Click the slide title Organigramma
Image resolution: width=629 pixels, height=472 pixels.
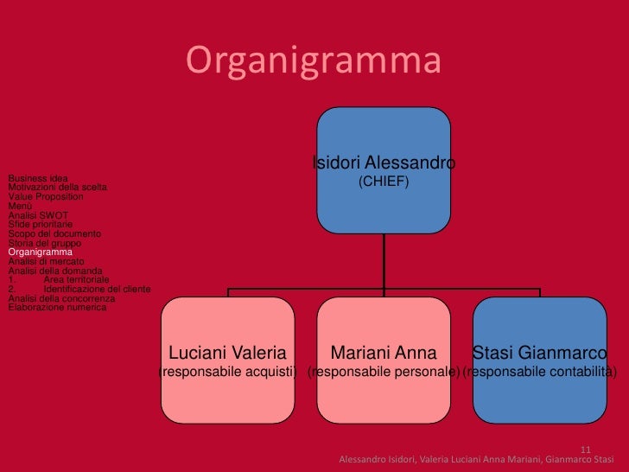coord(313,61)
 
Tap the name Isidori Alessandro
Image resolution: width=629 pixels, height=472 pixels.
coord(384,163)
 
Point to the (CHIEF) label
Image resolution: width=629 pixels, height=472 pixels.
coord(384,182)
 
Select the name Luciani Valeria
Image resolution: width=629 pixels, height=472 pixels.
coord(227,353)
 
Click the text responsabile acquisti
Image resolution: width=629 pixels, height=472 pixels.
coord(227,372)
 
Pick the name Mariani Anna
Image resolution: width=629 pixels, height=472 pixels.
coord(384,353)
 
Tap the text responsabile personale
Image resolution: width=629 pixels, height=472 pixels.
coord(384,372)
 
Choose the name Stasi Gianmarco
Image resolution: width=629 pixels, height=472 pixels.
coord(539,353)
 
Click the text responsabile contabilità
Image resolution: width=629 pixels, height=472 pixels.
coord(539,372)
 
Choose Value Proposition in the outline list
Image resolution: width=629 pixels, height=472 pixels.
coord(45,196)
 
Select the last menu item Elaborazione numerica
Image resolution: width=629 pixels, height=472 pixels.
coord(57,307)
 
